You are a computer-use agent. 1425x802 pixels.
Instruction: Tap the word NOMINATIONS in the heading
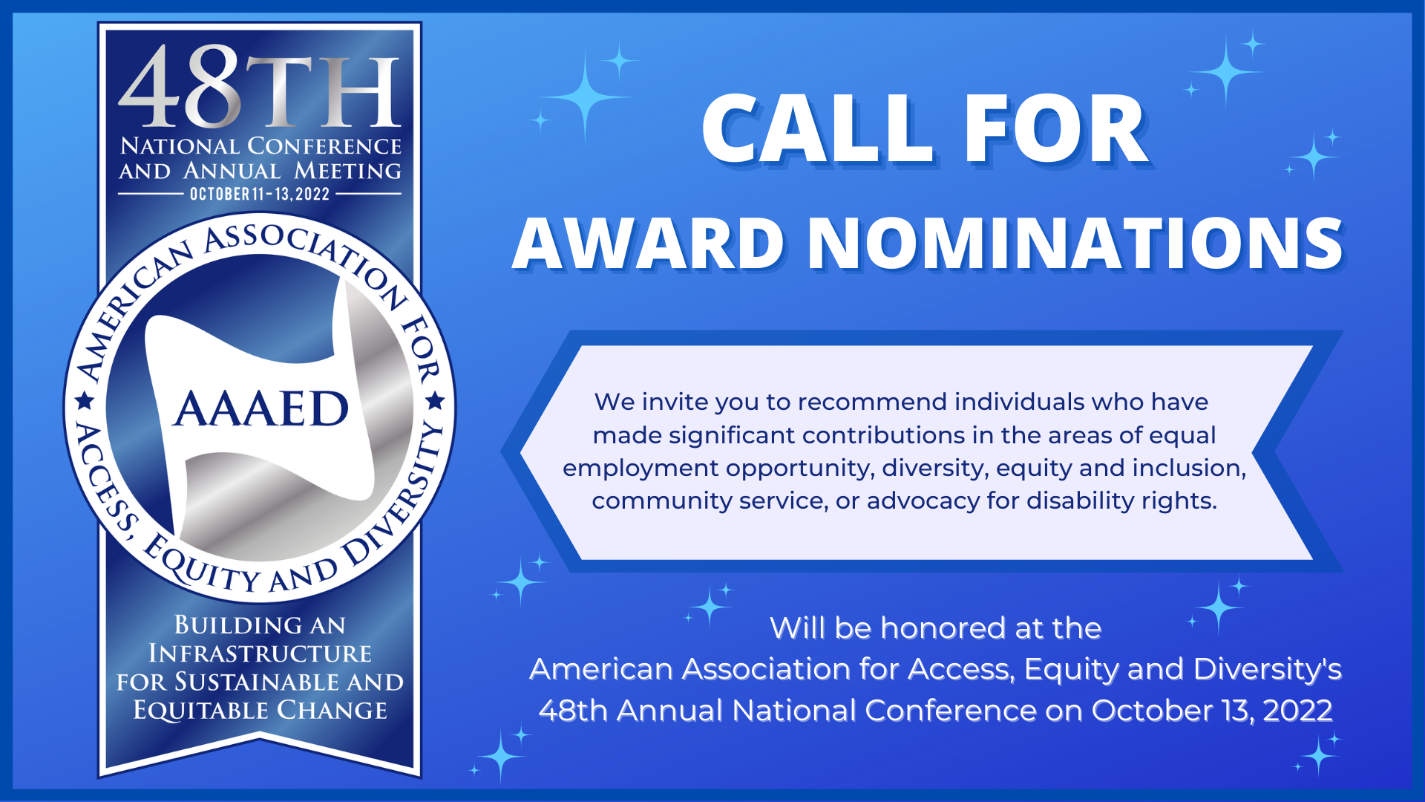1075,243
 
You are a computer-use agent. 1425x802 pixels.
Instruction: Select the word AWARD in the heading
649,243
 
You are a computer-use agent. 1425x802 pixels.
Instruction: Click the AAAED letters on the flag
261,408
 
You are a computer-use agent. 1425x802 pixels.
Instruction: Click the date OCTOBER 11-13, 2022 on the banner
260,195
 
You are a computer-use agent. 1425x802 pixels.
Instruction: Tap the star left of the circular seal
85,402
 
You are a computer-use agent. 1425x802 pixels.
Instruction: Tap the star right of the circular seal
436,402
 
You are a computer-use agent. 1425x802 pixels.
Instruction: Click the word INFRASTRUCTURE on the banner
260,653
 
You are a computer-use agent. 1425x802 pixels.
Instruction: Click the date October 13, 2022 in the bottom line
1212,711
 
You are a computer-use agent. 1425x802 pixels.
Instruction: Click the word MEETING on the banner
347,171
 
